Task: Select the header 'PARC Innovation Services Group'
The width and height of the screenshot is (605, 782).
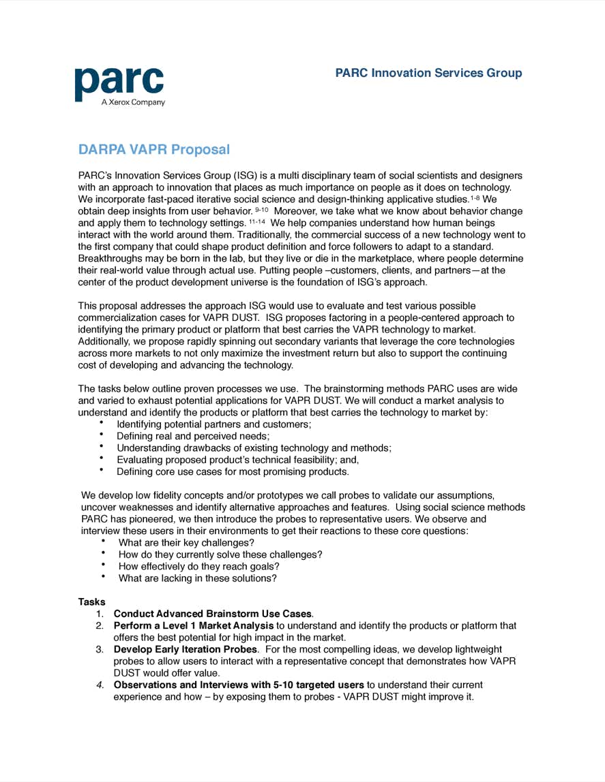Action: point(428,73)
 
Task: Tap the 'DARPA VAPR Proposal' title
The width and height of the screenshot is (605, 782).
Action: point(153,149)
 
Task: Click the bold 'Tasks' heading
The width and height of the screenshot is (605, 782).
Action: point(91,602)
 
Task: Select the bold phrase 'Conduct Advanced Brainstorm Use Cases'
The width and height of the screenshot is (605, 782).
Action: point(212,614)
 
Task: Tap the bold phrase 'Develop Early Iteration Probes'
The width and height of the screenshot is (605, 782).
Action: point(185,649)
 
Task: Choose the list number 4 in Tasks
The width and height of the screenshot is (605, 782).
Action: point(100,685)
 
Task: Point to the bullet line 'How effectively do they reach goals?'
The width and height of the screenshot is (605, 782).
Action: point(198,566)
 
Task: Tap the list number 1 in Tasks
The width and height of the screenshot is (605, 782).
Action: point(100,614)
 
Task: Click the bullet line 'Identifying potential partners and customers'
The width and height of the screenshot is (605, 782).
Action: point(213,424)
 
